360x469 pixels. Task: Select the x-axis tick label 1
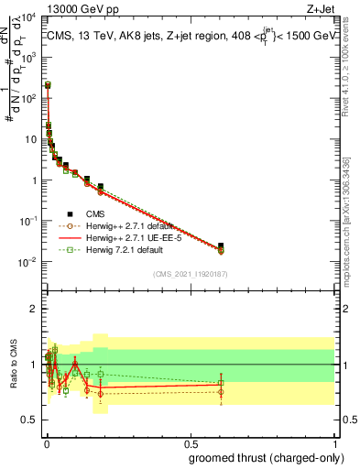pos(334,443)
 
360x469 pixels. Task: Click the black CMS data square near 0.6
pos(221,245)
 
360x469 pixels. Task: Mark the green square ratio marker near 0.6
pos(221,383)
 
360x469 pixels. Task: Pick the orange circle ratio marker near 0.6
pos(221,392)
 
